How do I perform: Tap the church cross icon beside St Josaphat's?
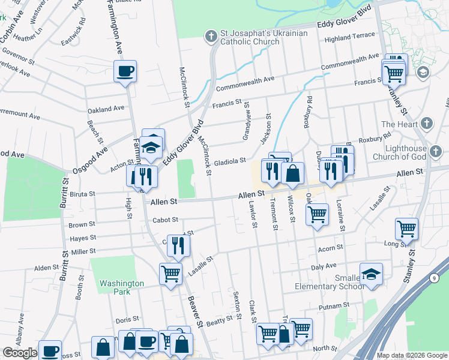(211, 37)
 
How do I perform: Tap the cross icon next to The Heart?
(427, 124)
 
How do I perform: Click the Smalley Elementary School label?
(329, 282)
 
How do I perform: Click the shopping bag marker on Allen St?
(292, 174)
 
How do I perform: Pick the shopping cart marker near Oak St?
(317, 214)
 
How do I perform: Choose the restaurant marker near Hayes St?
(178, 245)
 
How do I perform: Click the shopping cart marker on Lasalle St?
(170, 274)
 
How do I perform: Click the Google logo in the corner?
(20, 353)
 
